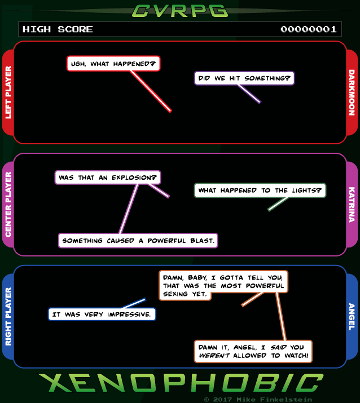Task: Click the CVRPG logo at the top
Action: coord(180,11)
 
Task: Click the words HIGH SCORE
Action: coord(58,29)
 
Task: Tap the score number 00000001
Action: coord(309,29)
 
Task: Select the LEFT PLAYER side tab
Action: coord(8,92)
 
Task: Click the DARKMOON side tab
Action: coord(352,92)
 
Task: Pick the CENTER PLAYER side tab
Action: coord(8,205)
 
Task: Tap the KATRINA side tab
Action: coord(352,205)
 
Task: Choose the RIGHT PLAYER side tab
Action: coord(8,316)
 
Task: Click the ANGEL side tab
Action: coord(352,316)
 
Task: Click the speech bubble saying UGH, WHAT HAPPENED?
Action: coord(113,64)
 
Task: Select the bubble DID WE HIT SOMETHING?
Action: coord(244,78)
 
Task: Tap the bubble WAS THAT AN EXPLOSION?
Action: coord(108,178)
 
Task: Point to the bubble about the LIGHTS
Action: coord(260,190)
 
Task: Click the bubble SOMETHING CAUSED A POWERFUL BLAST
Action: coord(138,241)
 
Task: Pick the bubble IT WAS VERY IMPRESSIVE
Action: coord(102,314)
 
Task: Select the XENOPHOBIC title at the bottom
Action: coord(181,383)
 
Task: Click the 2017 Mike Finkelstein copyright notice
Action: coord(258,400)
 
